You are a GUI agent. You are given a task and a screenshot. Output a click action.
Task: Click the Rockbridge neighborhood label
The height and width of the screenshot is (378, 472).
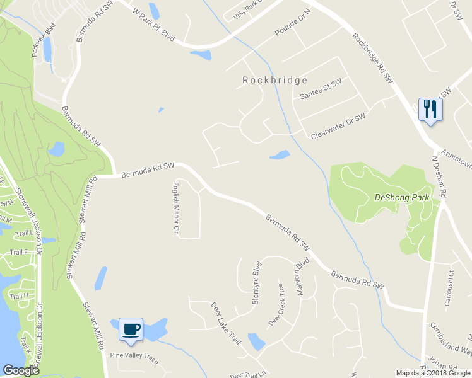pyautogui.click(x=275, y=80)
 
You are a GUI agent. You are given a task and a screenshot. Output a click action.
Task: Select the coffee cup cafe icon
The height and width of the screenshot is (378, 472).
pyautogui.click(x=131, y=329)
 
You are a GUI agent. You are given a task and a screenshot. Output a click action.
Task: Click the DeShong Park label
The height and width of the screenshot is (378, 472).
pyautogui.click(x=402, y=197)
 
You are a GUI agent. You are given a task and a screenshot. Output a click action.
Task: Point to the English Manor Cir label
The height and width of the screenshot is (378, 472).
pyautogui.click(x=177, y=208)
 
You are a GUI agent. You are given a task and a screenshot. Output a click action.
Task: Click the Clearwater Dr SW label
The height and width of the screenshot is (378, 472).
pyautogui.click(x=338, y=127)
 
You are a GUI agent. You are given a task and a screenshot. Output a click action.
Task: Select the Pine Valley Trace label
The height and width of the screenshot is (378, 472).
pyautogui.click(x=134, y=355)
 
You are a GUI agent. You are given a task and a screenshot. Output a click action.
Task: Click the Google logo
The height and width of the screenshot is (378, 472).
pyautogui.click(x=20, y=370)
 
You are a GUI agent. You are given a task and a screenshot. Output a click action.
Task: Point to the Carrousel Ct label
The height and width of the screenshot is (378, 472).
pyautogui.click(x=449, y=287)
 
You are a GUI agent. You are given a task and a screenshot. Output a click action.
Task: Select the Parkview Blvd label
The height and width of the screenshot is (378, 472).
pyautogui.click(x=44, y=41)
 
